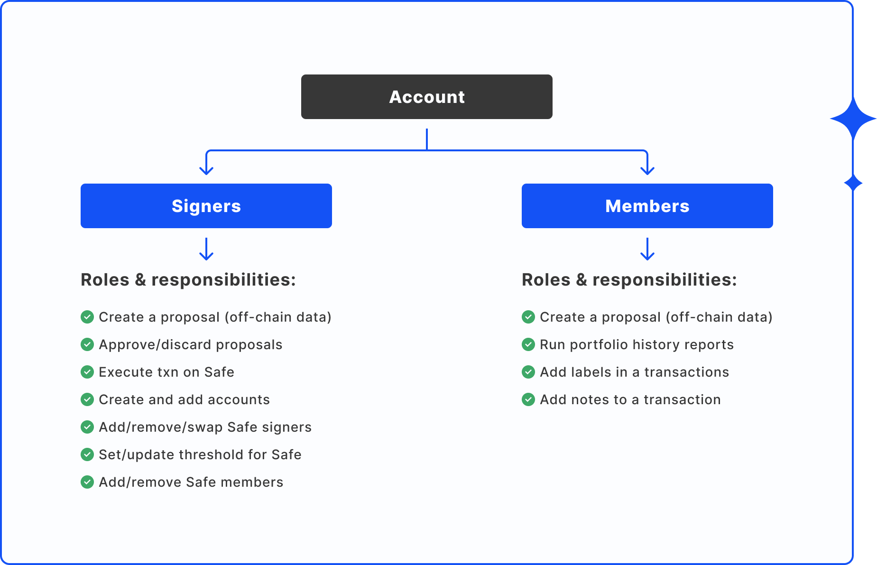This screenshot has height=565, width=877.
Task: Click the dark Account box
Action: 426,97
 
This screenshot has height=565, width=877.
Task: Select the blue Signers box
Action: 206,206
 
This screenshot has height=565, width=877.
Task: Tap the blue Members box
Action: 647,206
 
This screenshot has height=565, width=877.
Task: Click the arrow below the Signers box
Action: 206,249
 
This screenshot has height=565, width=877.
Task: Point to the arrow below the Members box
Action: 647,249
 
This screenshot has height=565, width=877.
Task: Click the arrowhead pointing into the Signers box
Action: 206,170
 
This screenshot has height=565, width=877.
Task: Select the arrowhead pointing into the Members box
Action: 647,170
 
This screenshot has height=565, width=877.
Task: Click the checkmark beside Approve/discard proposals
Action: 87,344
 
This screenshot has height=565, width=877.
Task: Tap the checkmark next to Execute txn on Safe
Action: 87,372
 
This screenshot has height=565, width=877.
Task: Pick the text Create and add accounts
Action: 184,399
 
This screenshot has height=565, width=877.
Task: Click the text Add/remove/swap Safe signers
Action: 205,427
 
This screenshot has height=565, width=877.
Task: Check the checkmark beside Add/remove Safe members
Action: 87,482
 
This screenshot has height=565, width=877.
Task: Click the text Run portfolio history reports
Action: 637,344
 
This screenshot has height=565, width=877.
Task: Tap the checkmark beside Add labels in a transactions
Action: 528,372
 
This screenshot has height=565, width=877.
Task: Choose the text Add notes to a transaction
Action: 630,399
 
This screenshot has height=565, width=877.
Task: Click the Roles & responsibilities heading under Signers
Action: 188,280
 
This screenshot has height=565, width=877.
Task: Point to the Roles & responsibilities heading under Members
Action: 629,280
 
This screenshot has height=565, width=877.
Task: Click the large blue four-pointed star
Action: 853,119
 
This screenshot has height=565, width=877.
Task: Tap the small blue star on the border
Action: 853,183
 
